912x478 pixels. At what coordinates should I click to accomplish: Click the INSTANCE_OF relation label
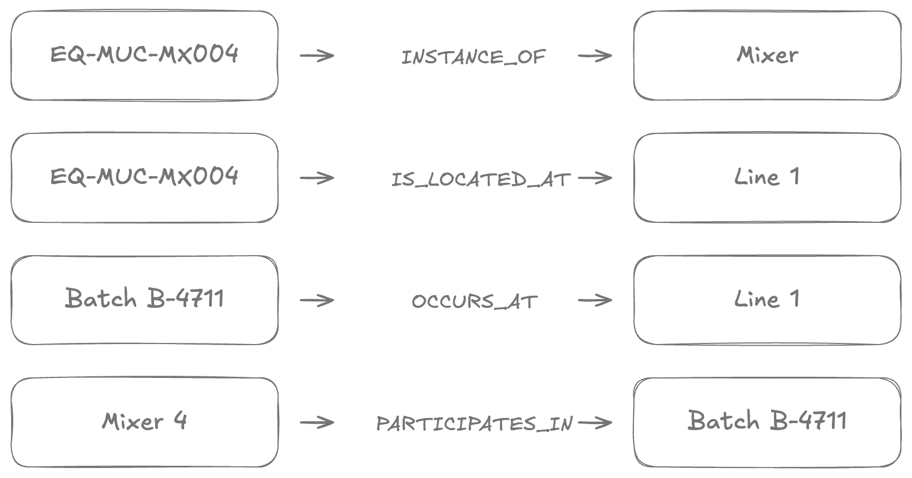click(473, 57)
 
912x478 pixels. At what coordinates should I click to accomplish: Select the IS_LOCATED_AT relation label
click(481, 180)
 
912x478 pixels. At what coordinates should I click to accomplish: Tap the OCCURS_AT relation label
click(475, 301)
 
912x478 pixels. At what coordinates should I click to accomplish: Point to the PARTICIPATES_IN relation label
click(475, 424)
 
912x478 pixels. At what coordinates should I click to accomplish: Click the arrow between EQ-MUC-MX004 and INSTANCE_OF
click(317, 56)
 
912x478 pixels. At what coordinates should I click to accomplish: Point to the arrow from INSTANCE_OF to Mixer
click(595, 56)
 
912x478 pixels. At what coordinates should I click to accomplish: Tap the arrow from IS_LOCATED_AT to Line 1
click(595, 178)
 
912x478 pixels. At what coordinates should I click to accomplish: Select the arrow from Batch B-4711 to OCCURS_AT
click(317, 301)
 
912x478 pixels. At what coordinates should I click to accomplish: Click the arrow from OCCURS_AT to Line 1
click(595, 301)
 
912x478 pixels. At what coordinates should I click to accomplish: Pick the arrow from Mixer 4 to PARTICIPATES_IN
click(317, 422)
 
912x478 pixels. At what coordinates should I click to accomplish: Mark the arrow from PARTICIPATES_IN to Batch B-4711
click(595, 422)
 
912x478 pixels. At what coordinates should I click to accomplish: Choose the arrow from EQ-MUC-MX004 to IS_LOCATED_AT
click(317, 178)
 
